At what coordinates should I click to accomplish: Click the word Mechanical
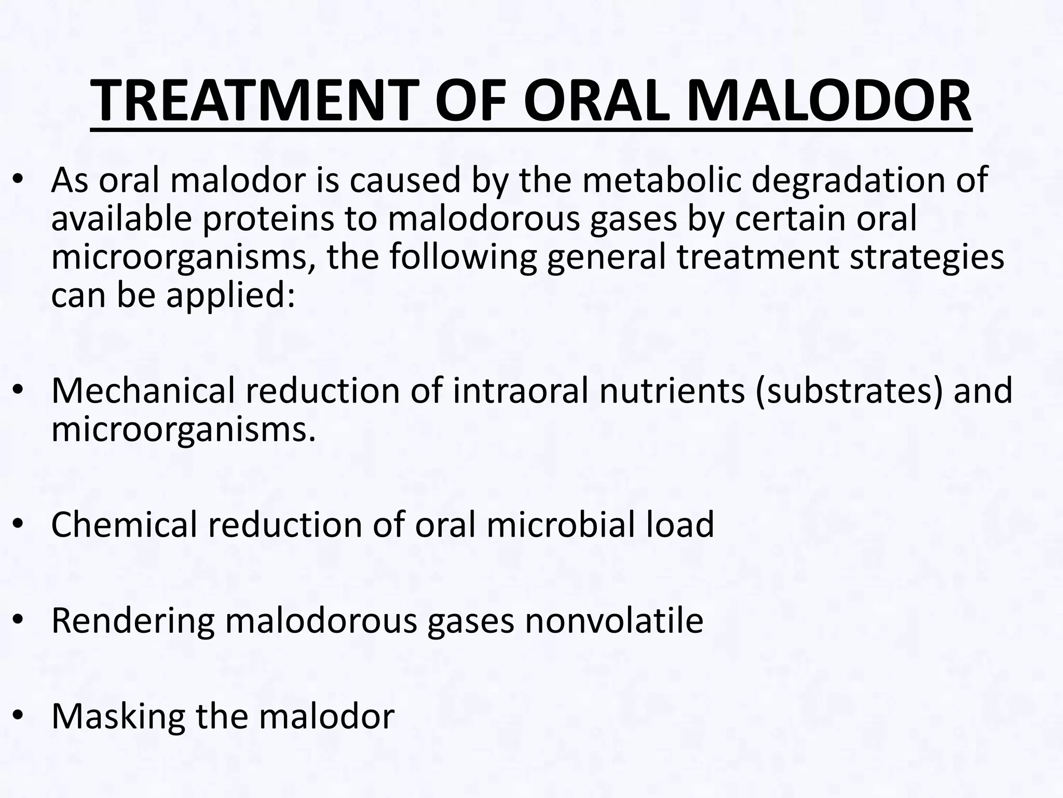(143, 391)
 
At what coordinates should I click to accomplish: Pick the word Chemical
(124, 525)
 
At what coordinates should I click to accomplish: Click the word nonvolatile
(614, 620)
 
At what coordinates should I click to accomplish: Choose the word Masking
(118, 717)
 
